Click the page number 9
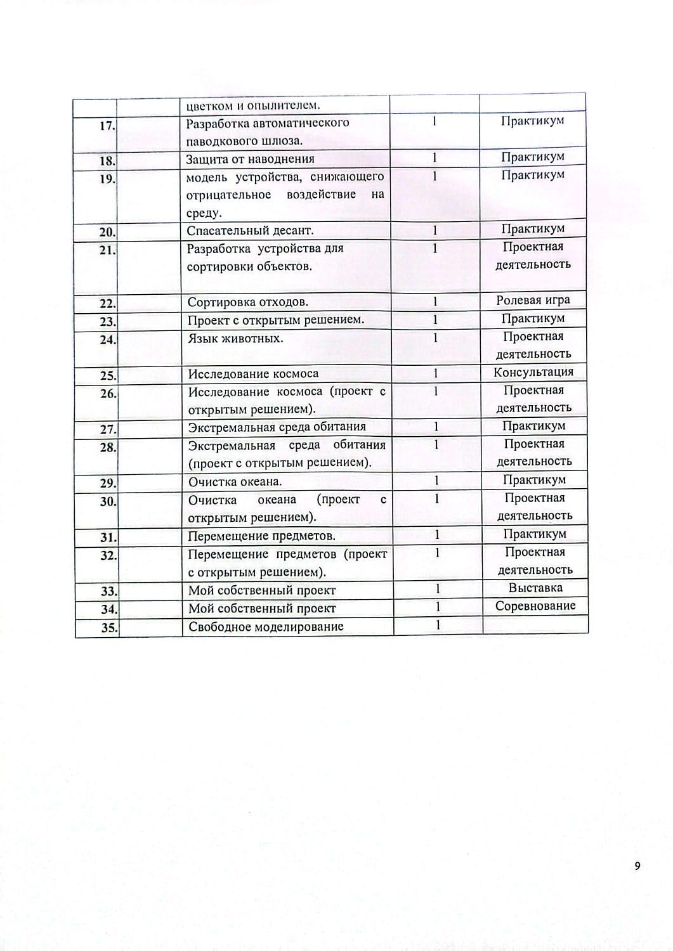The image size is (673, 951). coord(637,866)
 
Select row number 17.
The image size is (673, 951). coord(107,126)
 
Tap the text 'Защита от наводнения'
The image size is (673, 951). coord(250,159)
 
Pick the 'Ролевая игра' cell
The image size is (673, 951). coord(533,301)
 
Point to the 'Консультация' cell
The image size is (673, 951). coord(533,372)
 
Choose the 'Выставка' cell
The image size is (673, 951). coord(535,588)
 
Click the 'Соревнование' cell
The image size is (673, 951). coord(535,606)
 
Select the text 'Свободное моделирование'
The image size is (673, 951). coord(266,627)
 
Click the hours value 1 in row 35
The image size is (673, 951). coord(438,625)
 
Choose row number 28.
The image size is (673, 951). coord(108,448)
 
